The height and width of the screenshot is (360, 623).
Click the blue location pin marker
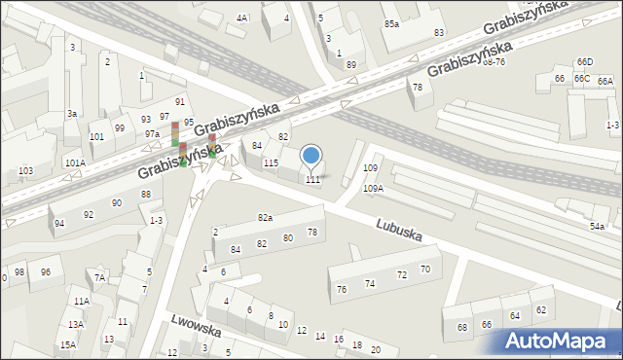pos(311,156)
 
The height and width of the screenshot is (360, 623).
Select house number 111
pos(312,179)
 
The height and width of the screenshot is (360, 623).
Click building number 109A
pos(373,188)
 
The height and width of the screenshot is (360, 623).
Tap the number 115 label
pos(272,162)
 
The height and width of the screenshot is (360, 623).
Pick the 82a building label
pos(265,217)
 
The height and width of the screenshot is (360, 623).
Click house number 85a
pos(391,22)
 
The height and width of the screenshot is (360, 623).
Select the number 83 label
pos(439,32)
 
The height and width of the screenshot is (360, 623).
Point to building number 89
pos(350,64)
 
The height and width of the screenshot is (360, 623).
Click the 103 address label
pos(25,171)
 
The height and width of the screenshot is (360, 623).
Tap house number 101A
pos(75,162)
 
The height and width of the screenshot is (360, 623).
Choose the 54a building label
pos(597,226)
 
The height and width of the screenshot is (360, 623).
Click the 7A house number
pos(99,277)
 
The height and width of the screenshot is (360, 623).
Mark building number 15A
pos(67,344)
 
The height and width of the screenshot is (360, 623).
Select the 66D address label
pos(584,62)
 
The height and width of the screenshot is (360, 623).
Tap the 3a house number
pos(71,114)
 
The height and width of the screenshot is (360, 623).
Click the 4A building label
pos(242,18)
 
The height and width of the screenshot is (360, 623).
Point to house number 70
pos(424,269)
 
